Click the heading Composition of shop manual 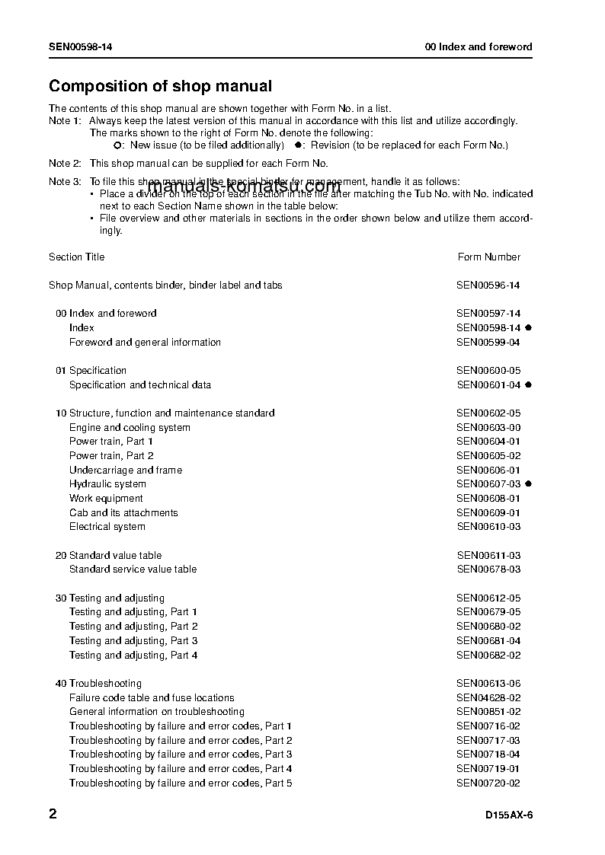160,86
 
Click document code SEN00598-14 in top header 82,46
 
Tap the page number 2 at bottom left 53,814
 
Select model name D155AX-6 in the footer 508,815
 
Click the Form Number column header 488,257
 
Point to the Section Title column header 76,257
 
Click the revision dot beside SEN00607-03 528,483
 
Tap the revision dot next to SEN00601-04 528,384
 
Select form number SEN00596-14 488,285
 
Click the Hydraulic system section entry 107,483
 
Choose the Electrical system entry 107,526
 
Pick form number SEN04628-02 488,697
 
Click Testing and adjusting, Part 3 133,640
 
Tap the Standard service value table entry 133,569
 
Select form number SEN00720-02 488,783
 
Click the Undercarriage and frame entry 126,470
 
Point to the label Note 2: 65,163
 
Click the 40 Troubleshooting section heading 98,683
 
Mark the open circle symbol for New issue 117,145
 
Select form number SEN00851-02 488,711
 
